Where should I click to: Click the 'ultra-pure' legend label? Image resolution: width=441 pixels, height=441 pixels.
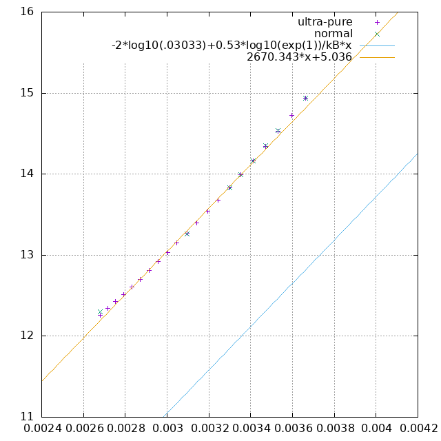point(325,22)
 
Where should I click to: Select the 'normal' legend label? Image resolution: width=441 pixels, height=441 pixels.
point(333,34)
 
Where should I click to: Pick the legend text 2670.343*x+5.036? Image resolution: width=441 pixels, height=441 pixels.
point(299,57)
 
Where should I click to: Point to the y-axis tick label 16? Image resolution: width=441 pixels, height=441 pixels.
point(27,12)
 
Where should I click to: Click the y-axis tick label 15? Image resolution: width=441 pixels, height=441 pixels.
point(27,93)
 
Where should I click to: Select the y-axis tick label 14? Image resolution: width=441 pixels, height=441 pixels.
point(27,174)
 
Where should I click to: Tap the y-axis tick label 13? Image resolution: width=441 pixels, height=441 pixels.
point(27,255)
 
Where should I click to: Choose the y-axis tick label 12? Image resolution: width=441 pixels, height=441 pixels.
point(27,336)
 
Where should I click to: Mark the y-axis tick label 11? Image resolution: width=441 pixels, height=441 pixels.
point(27,417)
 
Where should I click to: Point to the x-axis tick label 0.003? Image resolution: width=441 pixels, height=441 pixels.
point(167,429)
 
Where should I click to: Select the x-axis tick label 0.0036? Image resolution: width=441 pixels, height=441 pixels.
point(292,429)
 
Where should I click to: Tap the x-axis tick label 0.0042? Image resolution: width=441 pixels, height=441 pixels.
point(418,429)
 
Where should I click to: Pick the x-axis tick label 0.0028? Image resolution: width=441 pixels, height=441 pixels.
point(125,429)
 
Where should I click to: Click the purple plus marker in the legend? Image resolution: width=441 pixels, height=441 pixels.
point(377,22)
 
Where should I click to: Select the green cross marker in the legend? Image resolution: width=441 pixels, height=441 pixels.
point(377,34)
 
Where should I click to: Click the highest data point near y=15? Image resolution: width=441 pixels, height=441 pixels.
point(305,98)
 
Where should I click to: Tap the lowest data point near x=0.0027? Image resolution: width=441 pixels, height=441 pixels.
point(100,314)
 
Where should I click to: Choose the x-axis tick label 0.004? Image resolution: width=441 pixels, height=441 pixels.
point(376,429)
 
